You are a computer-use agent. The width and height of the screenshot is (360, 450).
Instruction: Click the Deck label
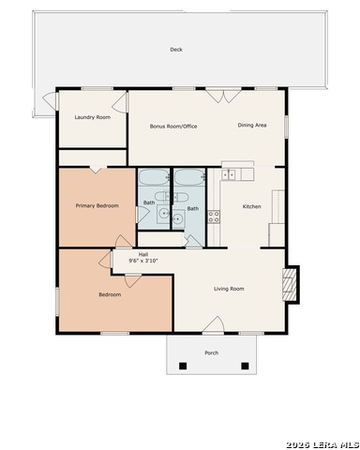176,50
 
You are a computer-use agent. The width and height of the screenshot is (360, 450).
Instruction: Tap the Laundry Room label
93,117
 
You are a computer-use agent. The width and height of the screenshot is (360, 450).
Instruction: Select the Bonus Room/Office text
173,127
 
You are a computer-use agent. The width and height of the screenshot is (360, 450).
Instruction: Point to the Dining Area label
252,125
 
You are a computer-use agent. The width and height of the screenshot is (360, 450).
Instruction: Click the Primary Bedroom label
97,205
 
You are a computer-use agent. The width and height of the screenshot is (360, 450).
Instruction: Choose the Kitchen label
252,206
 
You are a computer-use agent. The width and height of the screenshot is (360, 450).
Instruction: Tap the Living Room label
229,289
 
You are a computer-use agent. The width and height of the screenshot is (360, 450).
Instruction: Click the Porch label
212,352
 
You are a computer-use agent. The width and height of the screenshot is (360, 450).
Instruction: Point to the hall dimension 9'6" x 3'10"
143,261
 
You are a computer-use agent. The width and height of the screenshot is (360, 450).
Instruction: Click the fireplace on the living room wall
290,284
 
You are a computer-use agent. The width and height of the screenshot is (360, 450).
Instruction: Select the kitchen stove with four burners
214,217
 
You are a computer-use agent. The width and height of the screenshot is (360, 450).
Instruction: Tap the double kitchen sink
229,174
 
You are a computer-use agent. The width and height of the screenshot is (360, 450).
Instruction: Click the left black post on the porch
183,366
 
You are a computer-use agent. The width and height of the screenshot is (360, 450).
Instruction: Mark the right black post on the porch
245,366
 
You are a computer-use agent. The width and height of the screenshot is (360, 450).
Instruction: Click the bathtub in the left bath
154,177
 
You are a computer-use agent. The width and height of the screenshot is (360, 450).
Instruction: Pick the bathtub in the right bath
189,177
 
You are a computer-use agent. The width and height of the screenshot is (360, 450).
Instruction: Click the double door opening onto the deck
223,96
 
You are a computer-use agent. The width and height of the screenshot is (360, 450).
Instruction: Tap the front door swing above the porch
214,325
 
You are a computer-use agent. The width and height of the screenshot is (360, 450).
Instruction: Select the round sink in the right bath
178,218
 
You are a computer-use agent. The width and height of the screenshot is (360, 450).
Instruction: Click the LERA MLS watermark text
322,444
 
